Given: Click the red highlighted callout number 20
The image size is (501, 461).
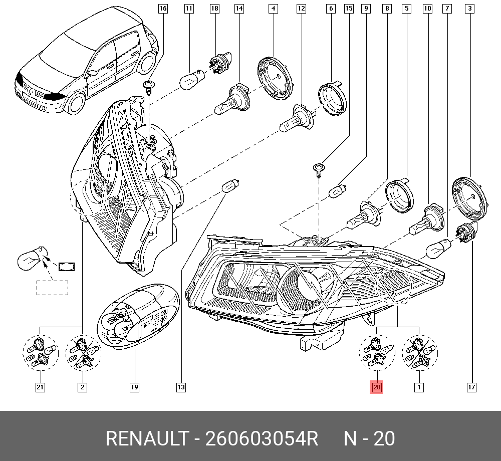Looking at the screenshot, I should pyautogui.click(x=377, y=387).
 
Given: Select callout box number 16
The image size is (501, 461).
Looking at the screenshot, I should pyautogui.click(x=163, y=9).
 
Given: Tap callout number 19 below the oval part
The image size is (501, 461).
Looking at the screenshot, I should pyautogui.click(x=134, y=387).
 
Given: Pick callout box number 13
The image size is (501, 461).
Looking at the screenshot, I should pyautogui.click(x=181, y=387).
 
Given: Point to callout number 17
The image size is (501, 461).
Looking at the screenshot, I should pyautogui.click(x=471, y=387).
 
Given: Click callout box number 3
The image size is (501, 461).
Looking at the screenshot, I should pyautogui.click(x=469, y=9).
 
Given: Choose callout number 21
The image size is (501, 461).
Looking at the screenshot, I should pyautogui.click(x=40, y=387).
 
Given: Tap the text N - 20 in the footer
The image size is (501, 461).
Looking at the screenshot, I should pyautogui.click(x=369, y=439).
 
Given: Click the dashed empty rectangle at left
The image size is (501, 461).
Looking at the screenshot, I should pyautogui.click(x=52, y=288).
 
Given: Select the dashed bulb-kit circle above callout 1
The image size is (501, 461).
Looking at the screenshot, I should pyautogui.click(x=419, y=353).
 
